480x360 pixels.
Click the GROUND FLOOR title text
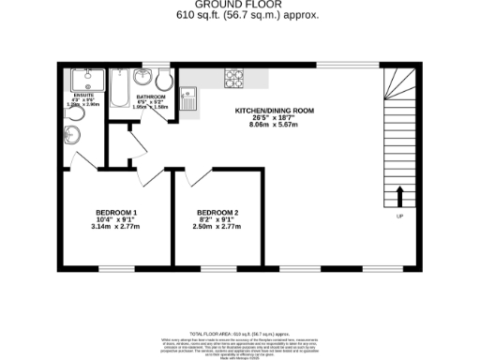point(240,5)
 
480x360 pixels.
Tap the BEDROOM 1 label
point(116,212)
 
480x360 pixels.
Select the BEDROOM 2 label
point(217,212)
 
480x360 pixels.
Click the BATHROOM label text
point(151,97)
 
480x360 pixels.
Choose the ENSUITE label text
point(84,96)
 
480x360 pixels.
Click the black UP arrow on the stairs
point(400,196)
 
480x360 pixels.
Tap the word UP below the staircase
point(400,217)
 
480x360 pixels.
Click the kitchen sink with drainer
point(188,94)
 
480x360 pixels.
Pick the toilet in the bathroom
point(162,76)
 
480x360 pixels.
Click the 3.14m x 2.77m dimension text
point(116,227)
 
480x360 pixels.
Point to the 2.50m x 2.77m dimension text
point(217,227)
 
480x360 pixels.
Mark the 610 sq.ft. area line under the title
point(240,16)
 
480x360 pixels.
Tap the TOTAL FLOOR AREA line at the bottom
point(240,334)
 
